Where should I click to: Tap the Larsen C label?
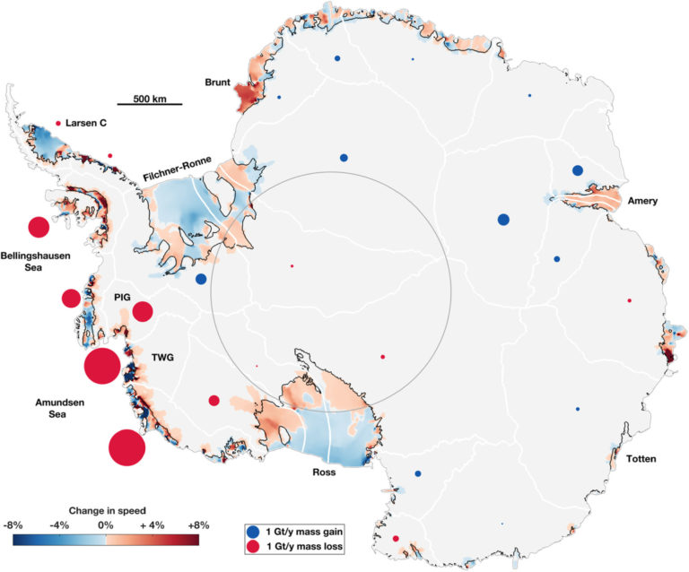pyautogui.click(x=87, y=123)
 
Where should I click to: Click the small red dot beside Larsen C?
pyautogui.click(x=59, y=123)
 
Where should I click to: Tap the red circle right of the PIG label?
pyautogui.click(x=143, y=312)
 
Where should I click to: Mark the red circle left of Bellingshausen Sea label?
pyautogui.click(x=38, y=228)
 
